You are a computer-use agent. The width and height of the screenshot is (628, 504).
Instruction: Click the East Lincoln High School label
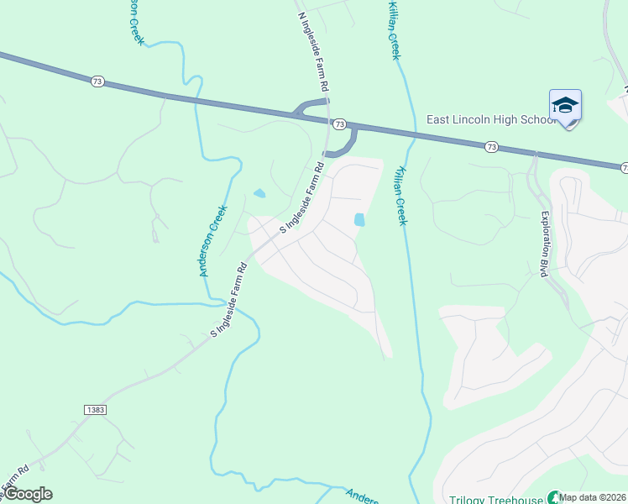click(490, 119)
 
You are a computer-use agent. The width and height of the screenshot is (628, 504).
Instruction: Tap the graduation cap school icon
click(565, 106)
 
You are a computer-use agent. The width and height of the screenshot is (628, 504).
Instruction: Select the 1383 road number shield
click(95, 408)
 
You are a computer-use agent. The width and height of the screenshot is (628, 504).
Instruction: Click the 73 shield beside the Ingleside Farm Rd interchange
click(339, 124)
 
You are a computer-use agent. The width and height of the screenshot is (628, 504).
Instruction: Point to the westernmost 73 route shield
click(98, 81)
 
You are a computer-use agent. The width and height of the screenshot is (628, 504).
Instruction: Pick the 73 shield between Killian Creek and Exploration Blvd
click(492, 147)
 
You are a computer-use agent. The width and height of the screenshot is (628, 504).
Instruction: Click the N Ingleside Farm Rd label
click(313, 51)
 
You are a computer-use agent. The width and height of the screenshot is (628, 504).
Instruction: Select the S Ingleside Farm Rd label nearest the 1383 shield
click(228, 302)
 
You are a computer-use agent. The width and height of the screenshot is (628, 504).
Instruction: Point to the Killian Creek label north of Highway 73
click(393, 29)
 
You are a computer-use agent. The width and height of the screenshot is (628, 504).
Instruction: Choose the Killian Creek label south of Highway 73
click(400, 195)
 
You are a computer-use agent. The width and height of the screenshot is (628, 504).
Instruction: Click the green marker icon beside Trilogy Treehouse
click(552, 498)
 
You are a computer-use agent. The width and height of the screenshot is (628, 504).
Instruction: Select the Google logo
click(28, 494)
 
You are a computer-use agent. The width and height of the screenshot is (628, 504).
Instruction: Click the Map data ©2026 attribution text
click(593, 497)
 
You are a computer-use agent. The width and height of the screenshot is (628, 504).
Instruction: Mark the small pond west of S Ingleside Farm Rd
click(259, 193)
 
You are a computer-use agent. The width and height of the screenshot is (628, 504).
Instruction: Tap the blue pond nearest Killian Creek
click(359, 219)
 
